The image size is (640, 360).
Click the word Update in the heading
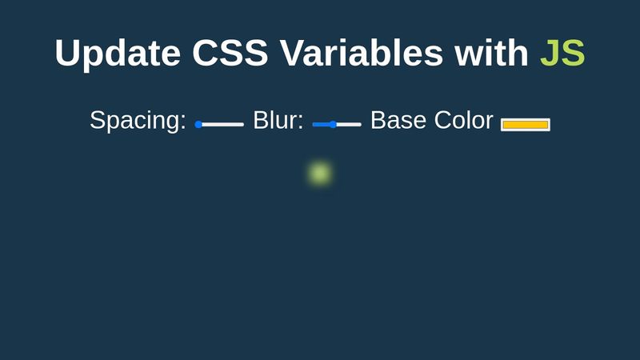pos(118,54)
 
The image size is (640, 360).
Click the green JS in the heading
pos(562,54)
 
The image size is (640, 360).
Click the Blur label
pos(278,121)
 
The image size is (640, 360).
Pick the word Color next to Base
pos(464,121)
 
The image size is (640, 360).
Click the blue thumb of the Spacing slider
pos(198,124)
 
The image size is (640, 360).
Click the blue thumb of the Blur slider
pos(333,124)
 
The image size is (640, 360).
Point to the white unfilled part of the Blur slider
pos(350,124)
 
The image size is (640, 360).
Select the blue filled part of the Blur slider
pos(321,124)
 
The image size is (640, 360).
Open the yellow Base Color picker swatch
pos(526,124)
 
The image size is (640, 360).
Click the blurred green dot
pos(320,173)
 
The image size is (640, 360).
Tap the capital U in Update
pos(69,54)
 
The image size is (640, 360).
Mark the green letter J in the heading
pos(550,54)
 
